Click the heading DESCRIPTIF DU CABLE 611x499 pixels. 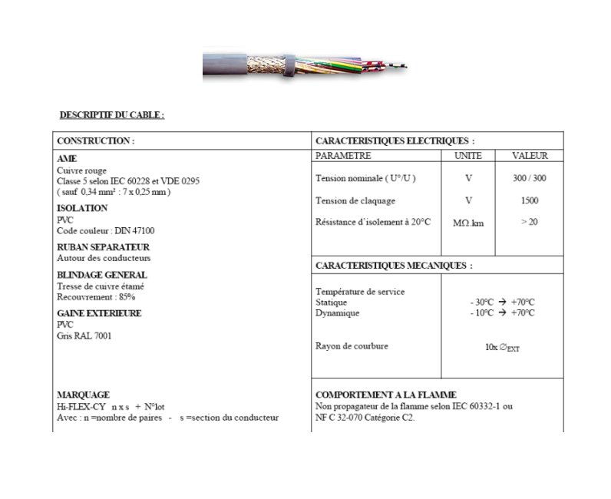pyautogui.click(x=112, y=115)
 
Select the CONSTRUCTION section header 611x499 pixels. pyautogui.click(x=96, y=141)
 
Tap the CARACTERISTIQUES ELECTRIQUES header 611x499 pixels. pyautogui.click(x=395, y=141)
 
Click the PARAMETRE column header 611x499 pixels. pyautogui.click(x=343, y=155)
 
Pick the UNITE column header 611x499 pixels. pyautogui.click(x=468, y=155)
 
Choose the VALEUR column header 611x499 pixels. pyautogui.click(x=530, y=155)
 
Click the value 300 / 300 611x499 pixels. pyautogui.click(x=529, y=178)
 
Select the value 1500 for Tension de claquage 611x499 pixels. pyautogui.click(x=529, y=200)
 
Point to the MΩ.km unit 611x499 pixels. pyautogui.click(x=468, y=223)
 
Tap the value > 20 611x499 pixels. pyautogui.click(x=529, y=222)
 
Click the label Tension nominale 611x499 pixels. pyautogui.click(x=365, y=178)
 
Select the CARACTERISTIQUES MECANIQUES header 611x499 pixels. pyautogui.click(x=394, y=266)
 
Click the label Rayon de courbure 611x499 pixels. pyautogui.click(x=352, y=346)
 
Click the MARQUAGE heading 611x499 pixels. pyautogui.click(x=83, y=395)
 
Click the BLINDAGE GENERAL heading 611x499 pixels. pyautogui.click(x=102, y=275)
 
